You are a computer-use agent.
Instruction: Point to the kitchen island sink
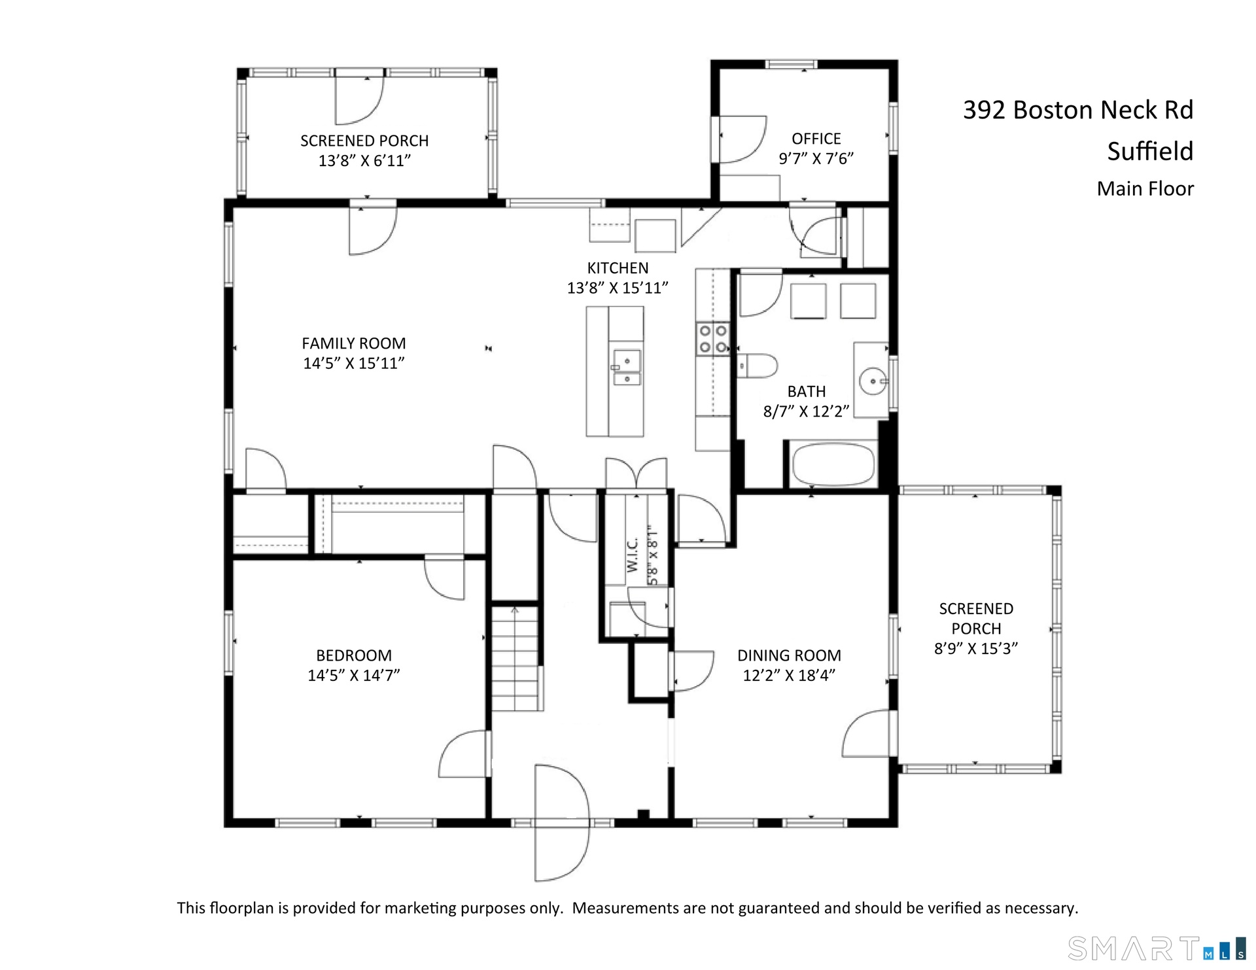(x=627, y=368)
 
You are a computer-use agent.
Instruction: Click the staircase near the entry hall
(x=517, y=658)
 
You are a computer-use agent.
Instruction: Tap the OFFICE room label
(x=816, y=139)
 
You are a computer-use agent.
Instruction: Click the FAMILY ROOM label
(x=354, y=343)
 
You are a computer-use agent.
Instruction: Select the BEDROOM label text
(x=354, y=655)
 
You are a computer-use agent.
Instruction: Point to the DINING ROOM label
(x=789, y=655)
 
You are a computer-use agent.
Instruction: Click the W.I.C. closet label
(x=632, y=555)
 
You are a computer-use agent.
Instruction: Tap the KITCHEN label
(x=618, y=268)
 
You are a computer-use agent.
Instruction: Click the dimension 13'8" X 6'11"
(x=364, y=160)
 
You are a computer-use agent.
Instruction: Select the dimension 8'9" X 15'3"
(x=976, y=648)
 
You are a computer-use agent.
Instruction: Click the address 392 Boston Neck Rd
(x=1078, y=110)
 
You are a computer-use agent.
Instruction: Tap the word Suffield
(x=1150, y=151)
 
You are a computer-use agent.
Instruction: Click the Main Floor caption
(x=1145, y=188)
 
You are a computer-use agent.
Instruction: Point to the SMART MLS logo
(x=1157, y=948)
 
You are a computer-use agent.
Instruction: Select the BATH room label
(x=806, y=391)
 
